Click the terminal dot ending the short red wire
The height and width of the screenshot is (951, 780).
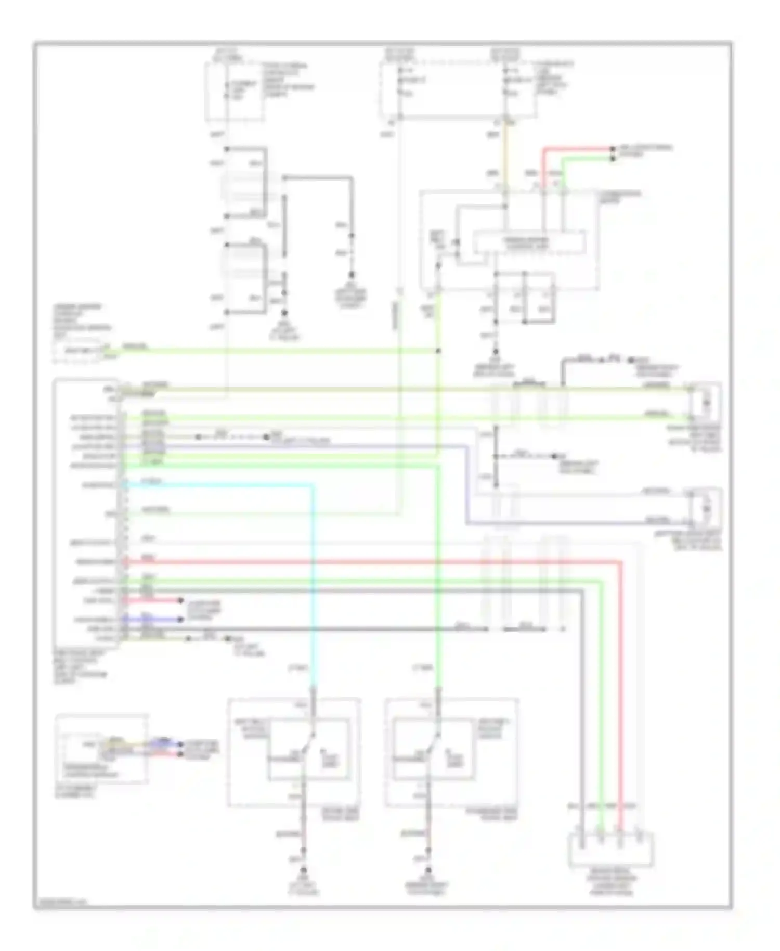click(612, 149)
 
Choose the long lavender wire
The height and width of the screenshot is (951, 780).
click(468, 484)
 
